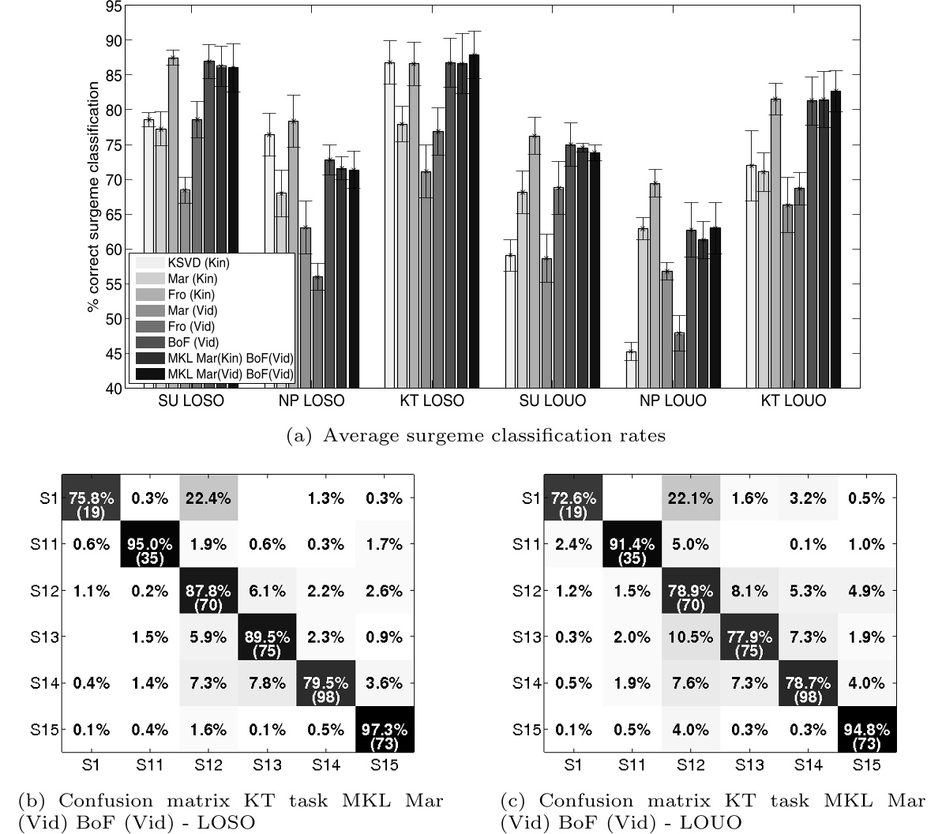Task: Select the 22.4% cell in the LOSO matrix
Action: tap(208, 498)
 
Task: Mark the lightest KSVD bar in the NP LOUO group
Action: tap(631, 369)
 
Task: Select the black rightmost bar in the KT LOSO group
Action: tap(474, 221)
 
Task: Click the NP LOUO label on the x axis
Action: tap(674, 401)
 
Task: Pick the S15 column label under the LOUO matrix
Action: tap(866, 765)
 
